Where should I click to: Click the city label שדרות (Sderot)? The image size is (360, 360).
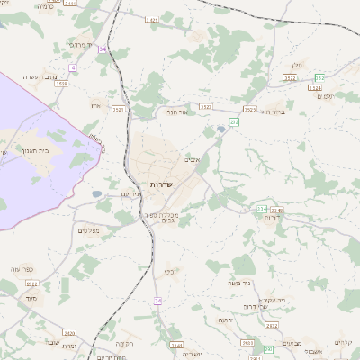(163, 184)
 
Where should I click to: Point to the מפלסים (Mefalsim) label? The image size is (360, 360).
(88, 230)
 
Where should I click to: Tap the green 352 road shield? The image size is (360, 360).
(319, 77)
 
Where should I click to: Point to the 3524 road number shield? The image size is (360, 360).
(314, 87)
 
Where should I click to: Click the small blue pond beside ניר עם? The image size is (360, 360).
(97, 193)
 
